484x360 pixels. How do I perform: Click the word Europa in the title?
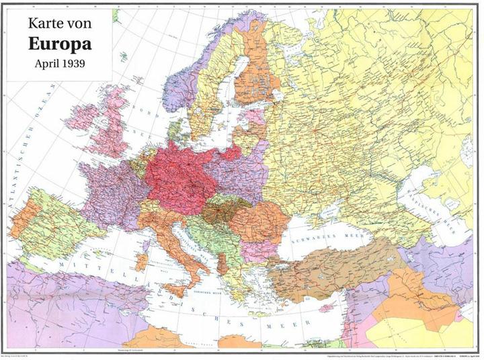coord(60,43)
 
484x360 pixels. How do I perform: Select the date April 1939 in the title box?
coord(60,65)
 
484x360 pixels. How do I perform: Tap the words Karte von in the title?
coord(60,23)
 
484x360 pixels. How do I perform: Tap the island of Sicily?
coord(177,288)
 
